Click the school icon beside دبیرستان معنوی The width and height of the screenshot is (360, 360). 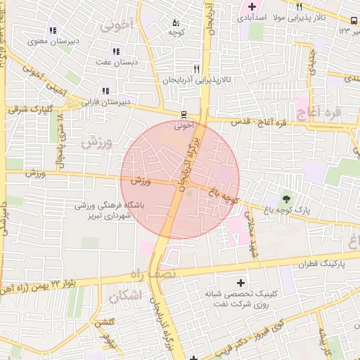53,30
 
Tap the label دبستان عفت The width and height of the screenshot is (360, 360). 115,62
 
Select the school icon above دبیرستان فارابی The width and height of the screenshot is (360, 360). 105,91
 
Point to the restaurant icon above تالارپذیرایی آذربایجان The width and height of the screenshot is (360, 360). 196,69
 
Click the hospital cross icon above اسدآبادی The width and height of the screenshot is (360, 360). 252,6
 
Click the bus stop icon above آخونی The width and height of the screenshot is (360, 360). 184,115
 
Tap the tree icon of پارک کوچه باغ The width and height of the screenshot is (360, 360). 285,198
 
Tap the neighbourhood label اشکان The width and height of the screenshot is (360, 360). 126,297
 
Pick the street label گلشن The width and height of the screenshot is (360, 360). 105,321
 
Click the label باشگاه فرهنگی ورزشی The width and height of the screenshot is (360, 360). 108,205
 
